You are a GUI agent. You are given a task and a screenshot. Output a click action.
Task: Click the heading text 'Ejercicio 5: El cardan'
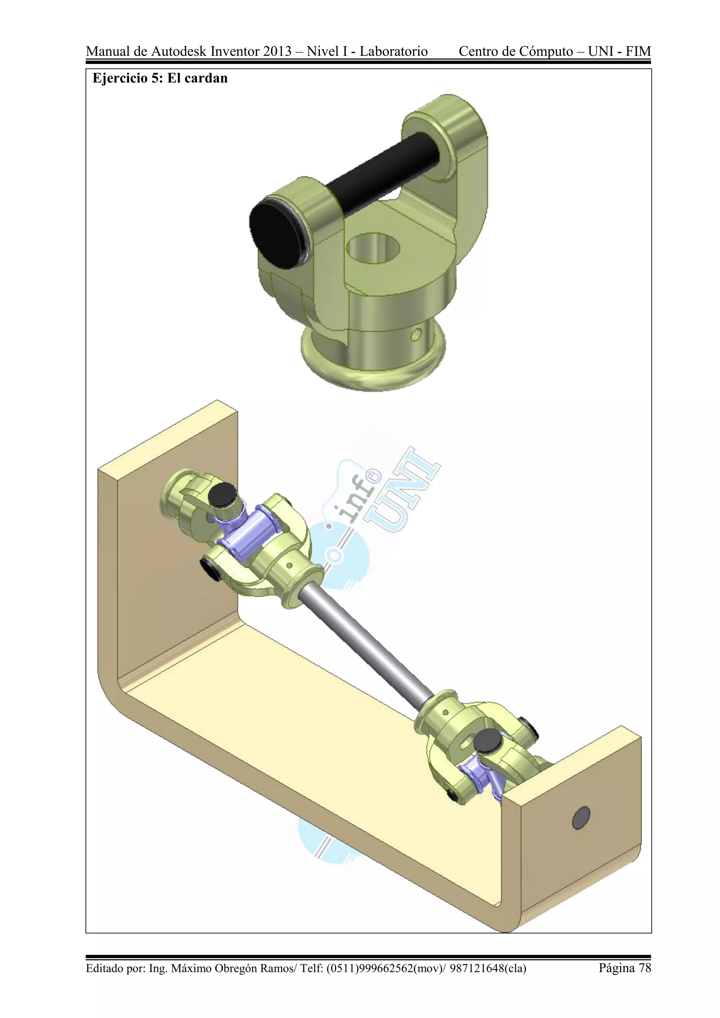[x=160, y=78]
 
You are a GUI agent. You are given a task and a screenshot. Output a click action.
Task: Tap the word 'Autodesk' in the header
[x=179, y=51]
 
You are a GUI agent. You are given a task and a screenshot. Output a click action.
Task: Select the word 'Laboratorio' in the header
[x=393, y=51]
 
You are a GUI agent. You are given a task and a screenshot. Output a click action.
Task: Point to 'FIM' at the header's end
[x=638, y=51]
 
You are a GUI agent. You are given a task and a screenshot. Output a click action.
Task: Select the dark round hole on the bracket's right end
[x=581, y=817]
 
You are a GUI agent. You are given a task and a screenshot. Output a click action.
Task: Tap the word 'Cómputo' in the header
[x=546, y=51]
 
